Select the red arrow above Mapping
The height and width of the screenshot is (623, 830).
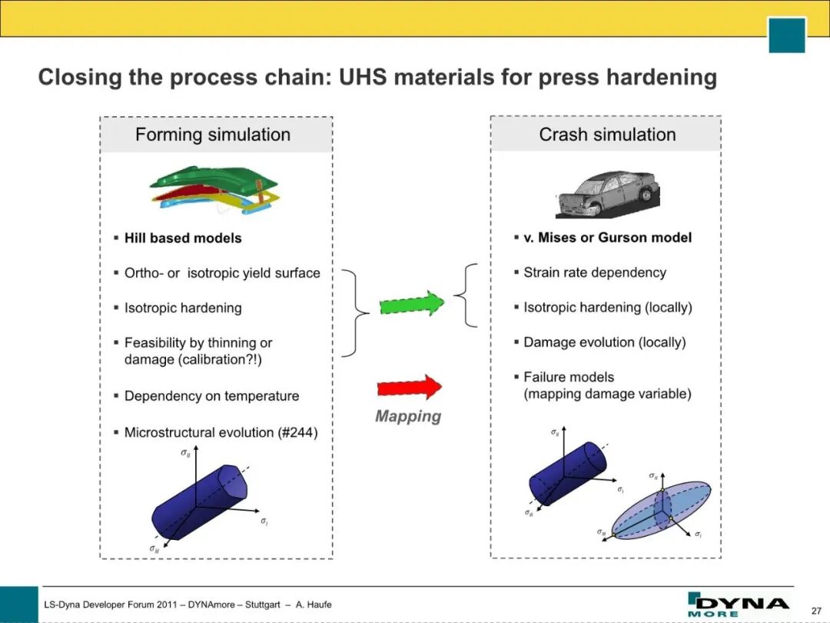409,387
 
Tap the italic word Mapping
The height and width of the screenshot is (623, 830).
408,416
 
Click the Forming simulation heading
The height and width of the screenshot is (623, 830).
213,135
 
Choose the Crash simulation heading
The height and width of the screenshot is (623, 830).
607,135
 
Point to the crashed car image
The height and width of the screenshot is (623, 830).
607,194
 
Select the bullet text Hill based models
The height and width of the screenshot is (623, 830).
183,238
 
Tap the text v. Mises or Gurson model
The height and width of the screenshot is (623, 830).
607,238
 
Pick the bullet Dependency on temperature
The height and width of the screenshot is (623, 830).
211,396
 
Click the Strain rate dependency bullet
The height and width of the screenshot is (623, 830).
594,273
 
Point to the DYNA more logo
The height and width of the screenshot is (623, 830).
737,605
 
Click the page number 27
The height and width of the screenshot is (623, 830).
815,611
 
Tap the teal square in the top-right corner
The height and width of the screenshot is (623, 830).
787,35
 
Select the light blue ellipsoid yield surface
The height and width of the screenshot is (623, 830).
661,510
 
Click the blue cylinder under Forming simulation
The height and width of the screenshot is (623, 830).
200,501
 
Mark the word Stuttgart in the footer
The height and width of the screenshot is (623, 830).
263,605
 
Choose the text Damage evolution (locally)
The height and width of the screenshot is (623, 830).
605,343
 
